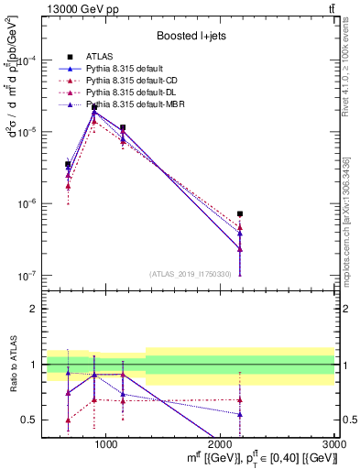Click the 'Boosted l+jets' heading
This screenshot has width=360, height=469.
(191, 35)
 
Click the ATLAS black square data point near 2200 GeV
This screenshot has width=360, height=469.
(240, 214)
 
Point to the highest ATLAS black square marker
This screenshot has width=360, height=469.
(94, 107)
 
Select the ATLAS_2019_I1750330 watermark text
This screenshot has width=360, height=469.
(191, 274)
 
